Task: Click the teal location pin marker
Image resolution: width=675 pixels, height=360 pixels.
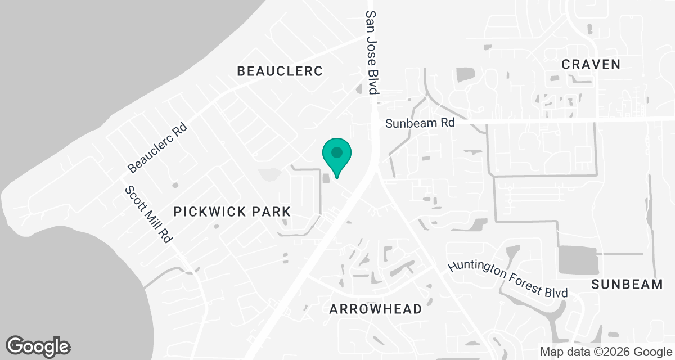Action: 337,157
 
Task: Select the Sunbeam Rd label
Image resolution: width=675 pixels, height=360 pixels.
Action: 420,123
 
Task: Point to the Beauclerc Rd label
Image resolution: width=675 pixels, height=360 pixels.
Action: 157,148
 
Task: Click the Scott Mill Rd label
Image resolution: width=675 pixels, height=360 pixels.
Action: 148,214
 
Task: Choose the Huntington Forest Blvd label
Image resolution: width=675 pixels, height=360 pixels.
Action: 508,278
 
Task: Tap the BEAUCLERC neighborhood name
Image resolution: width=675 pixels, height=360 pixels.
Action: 280,71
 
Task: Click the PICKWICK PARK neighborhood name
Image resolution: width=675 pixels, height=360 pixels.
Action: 232,211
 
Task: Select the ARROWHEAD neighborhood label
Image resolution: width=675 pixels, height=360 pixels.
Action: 375,309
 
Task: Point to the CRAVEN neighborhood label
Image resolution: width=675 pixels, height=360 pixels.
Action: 591,64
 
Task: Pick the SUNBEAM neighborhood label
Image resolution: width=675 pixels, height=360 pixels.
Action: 627,285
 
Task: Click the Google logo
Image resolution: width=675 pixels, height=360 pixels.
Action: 38,346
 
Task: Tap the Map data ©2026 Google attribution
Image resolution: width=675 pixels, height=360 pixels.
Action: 606,352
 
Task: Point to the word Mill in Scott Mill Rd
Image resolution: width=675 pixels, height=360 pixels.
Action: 149,215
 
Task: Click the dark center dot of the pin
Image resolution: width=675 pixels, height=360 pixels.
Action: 337,152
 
